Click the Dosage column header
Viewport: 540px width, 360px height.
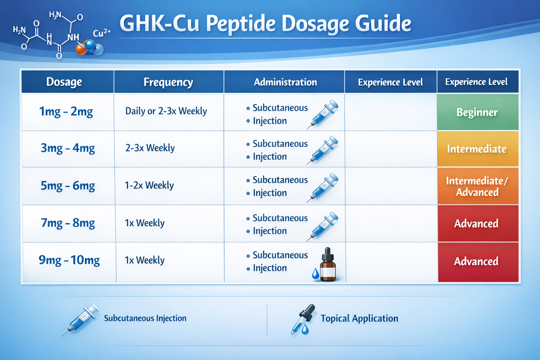(64, 82)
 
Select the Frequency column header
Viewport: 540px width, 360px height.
(168, 82)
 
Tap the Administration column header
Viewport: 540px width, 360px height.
(285, 82)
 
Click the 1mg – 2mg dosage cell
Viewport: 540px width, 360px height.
(66, 112)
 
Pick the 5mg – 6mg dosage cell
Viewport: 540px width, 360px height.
(68, 186)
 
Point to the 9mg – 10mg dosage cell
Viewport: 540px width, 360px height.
(69, 260)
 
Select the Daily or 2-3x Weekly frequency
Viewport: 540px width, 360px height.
(166, 111)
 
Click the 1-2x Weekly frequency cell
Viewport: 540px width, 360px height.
(149, 185)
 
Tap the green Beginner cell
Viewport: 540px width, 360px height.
(477, 112)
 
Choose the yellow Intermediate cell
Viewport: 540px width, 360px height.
(477, 149)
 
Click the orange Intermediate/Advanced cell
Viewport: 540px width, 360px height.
(477, 186)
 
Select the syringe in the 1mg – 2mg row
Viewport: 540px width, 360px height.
(322, 114)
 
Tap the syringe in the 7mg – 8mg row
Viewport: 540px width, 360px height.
(322, 226)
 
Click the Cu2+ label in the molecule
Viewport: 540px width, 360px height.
(102, 33)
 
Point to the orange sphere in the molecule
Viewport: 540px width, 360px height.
(81, 49)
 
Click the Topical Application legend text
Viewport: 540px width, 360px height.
(359, 319)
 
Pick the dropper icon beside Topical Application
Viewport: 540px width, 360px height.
(303, 319)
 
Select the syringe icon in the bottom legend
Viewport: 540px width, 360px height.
(80, 319)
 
